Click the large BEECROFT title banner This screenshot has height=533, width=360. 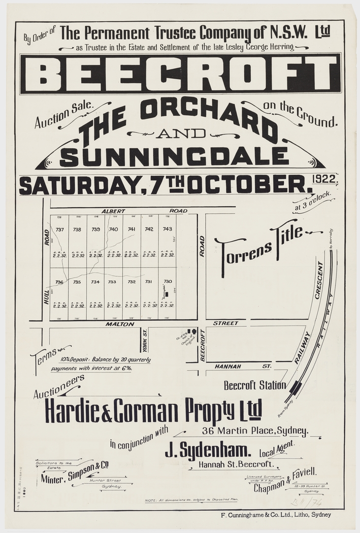click(180, 74)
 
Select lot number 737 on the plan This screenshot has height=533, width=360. click(60, 229)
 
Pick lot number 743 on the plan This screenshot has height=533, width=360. click(167, 229)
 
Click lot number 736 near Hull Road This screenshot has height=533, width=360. click(59, 282)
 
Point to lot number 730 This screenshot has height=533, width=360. click(168, 281)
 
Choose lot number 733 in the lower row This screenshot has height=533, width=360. click(112, 282)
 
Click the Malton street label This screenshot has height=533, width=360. click(115, 323)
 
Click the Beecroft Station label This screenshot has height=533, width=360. click(254, 385)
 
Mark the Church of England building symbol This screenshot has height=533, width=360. click(192, 332)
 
